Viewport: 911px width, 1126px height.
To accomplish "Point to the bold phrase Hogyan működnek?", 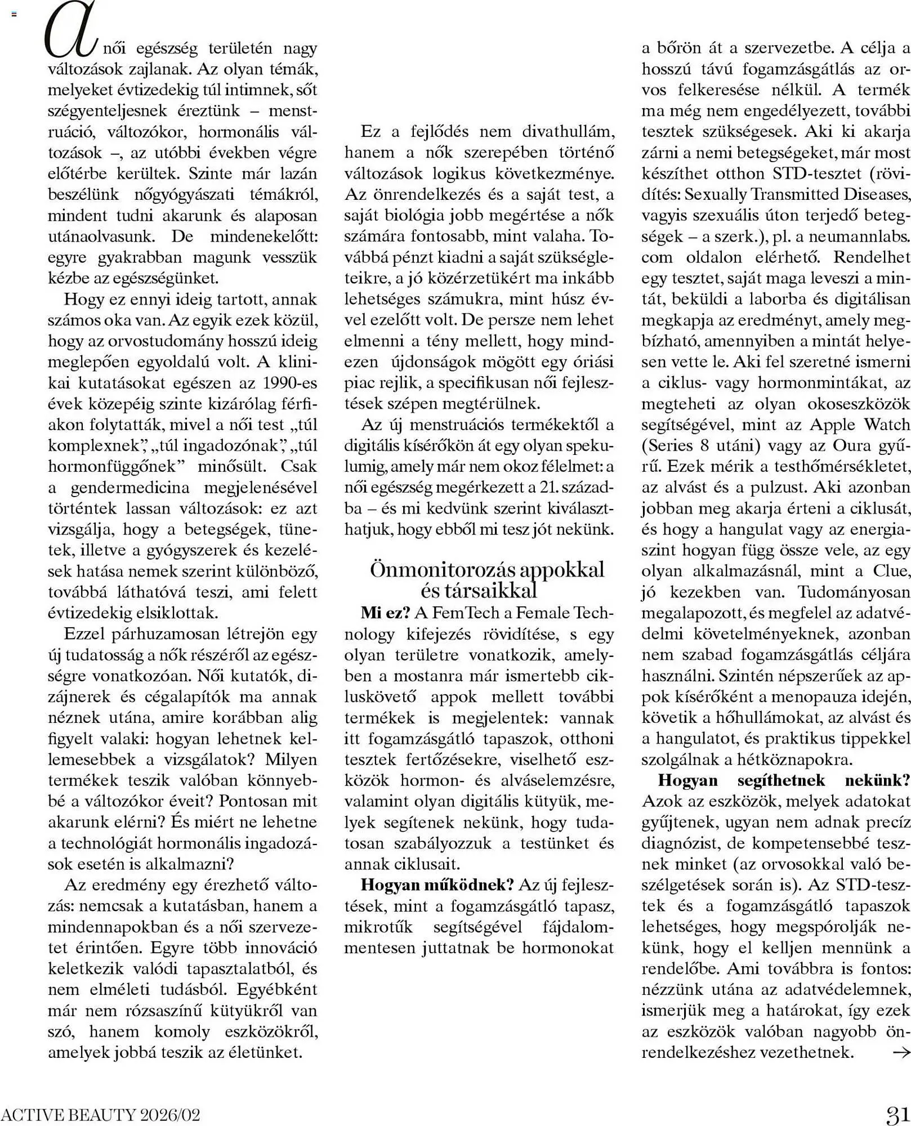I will (x=437, y=884).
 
